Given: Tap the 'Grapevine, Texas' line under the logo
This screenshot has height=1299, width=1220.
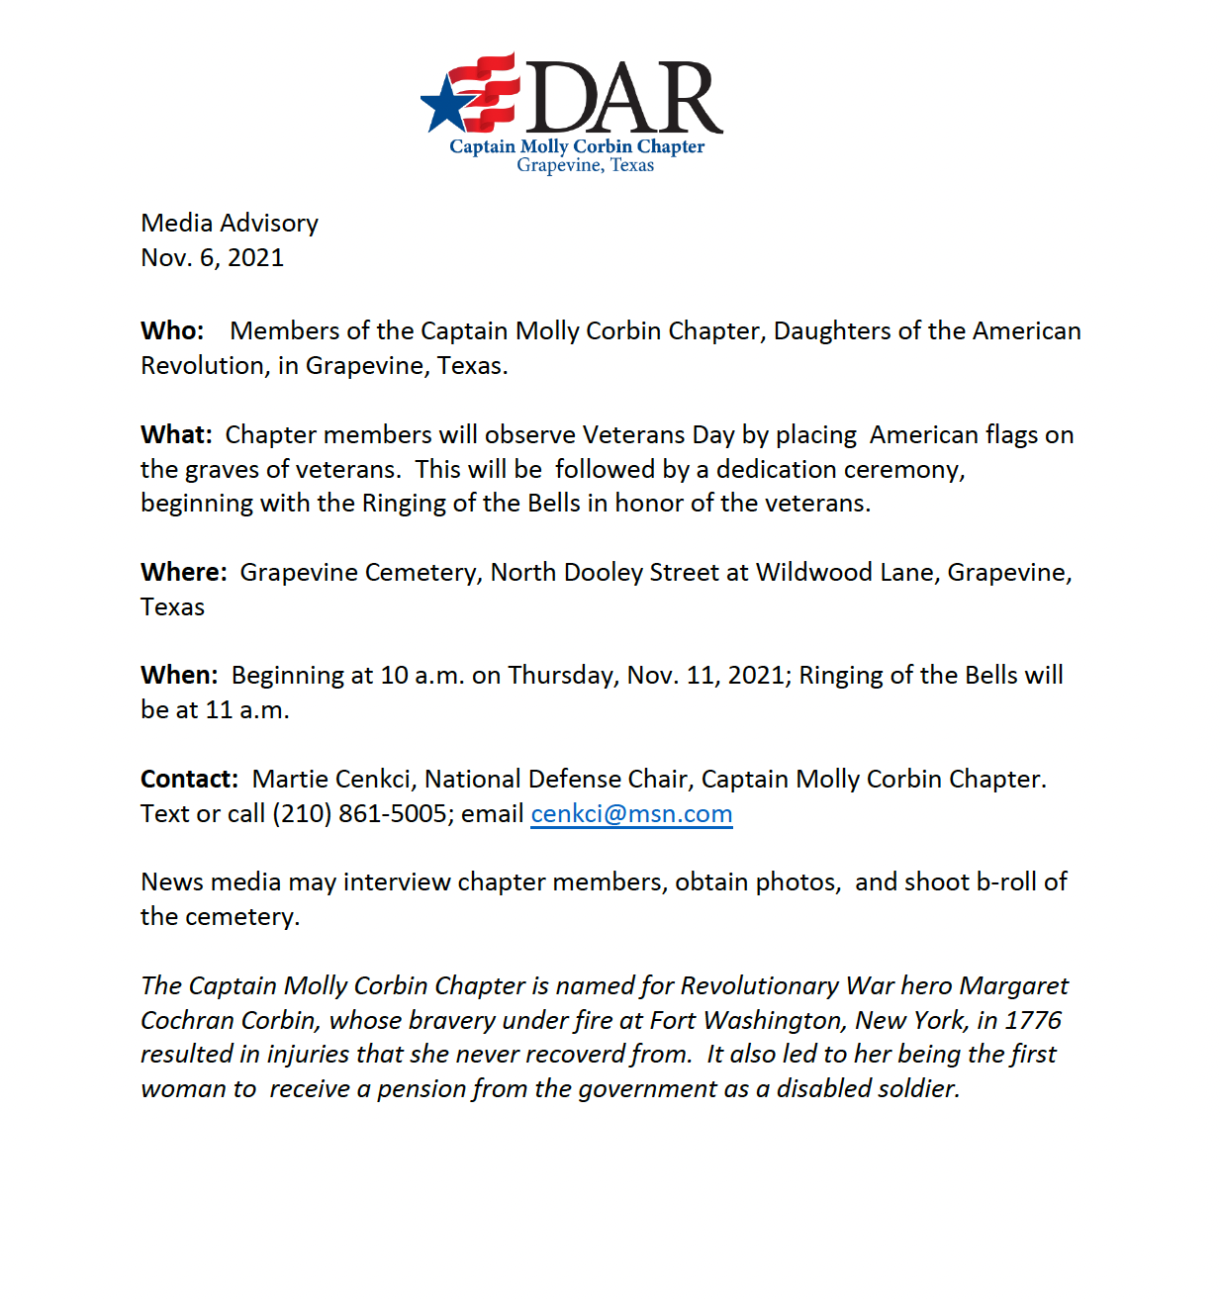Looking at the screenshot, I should pos(585,165).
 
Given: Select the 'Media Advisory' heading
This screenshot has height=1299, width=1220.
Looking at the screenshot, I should pos(230,223).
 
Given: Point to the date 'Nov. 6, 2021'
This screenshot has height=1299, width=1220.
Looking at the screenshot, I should pos(213,257).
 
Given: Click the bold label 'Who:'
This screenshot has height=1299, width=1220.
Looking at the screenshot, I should pos(172,330).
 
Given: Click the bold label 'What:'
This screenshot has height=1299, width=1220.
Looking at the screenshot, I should pos(176,434).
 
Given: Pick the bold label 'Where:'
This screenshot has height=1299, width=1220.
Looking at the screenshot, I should pos(184,572).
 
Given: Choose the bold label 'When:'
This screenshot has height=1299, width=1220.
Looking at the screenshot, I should pos(179,675).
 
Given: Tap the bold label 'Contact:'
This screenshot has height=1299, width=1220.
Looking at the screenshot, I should pos(189,779).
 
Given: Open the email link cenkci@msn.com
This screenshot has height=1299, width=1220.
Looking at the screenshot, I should pos(631,813).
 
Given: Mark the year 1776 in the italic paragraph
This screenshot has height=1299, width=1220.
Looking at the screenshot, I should pos(1033,1020).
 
